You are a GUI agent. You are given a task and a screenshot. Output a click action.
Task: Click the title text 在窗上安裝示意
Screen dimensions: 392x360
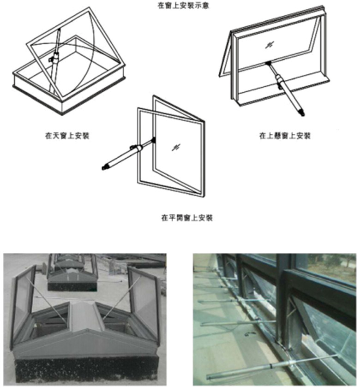180,7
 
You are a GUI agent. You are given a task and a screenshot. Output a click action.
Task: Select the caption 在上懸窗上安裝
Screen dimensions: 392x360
285,136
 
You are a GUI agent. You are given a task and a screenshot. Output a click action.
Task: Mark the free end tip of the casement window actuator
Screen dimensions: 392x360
105,167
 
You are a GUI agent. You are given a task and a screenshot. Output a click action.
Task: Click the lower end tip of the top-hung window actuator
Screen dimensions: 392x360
302,112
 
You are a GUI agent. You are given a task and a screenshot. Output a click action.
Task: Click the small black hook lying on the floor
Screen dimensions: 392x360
250,332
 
